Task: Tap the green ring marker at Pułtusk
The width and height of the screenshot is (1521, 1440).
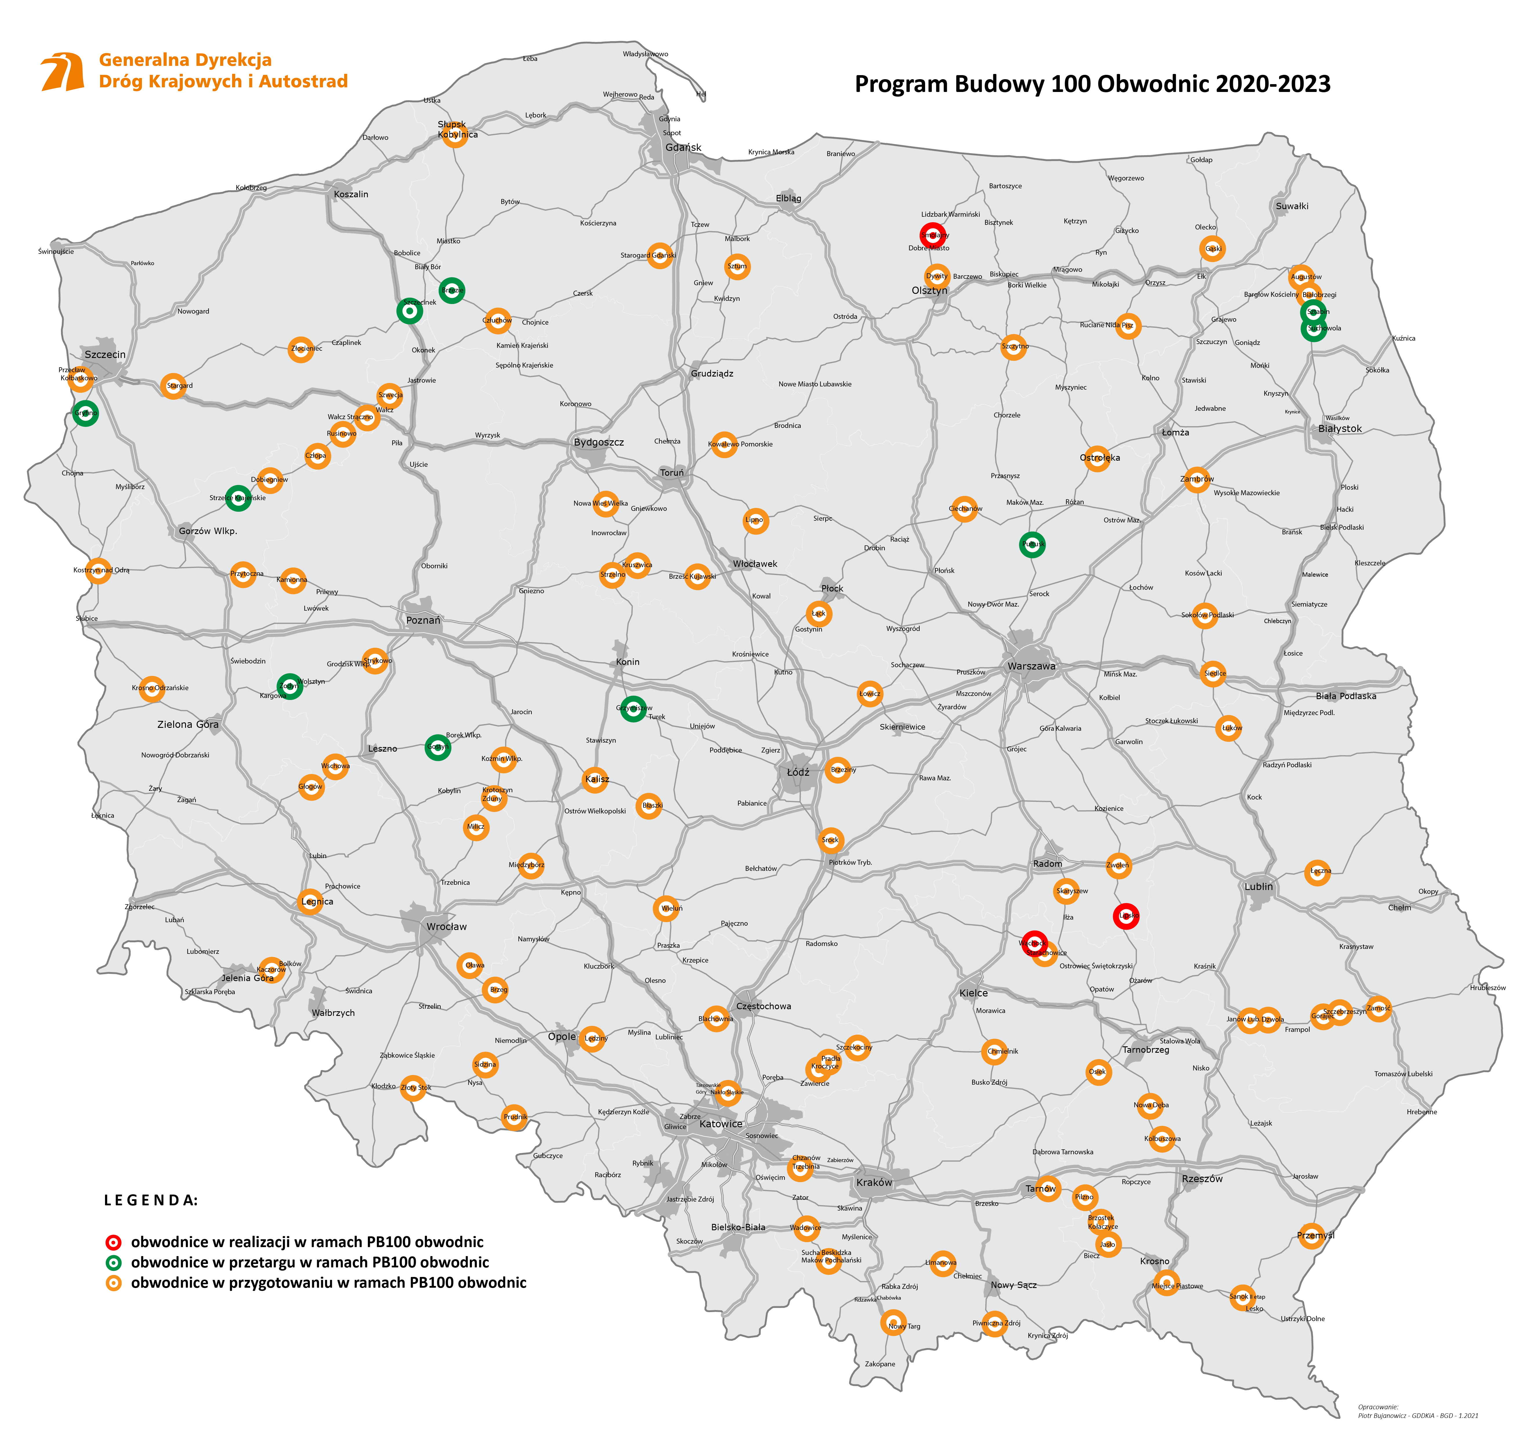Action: coord(1032,544)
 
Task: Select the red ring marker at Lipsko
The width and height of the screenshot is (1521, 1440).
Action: coord(1126,916)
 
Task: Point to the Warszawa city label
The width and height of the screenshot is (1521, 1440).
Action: coord(1031,666)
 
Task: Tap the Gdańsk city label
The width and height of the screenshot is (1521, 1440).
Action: coord(683,147)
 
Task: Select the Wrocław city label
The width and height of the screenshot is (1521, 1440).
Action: coord(446,927)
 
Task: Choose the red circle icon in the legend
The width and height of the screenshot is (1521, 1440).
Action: coord(114,1242)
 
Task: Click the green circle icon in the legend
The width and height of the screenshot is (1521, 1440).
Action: coord(114,1263)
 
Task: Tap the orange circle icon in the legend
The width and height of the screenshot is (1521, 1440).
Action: coord(114,1283)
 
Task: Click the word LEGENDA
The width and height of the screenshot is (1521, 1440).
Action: coord(151,1200)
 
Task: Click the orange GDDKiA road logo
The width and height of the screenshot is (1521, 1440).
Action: coord(63,71)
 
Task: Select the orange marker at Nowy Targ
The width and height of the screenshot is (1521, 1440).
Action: coord(893,1323)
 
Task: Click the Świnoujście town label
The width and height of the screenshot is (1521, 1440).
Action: coord(56,251)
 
